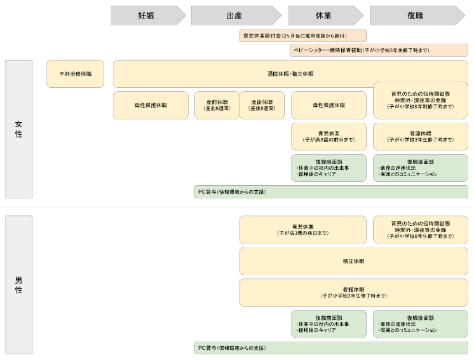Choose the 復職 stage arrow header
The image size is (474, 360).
pyautogui.click(x=419, y=16)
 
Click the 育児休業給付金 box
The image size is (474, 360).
pyautogui.click(x=302, y=36)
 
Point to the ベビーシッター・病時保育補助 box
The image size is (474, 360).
pyautogui.click(x=378, y=50)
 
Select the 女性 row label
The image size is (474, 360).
pyautogui.click(x=18, y=129)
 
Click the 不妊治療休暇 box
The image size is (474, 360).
pyautogui.click(x=76, y=74)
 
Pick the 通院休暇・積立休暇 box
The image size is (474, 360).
pyautogui.click(x=290, y=74)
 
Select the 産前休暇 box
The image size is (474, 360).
pyautogui.click(x=217, y=105)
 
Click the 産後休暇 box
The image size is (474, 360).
pyautogui.click(x=262, y=105)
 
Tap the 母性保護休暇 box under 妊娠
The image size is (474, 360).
pyautogui.click(x=151, y=105)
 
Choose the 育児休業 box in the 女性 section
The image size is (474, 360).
pyautogui.click(x=328, y=136)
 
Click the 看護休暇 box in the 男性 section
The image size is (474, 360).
pyautogui.click(x=353, y=293)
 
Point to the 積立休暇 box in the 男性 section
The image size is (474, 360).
pyautogui.click(x=353, y=261)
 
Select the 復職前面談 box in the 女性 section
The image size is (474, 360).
pyautogui.click(x=328, y=168)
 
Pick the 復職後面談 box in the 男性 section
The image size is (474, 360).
pyautogui.click(x=420, y=324)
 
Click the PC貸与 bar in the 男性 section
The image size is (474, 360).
pyautogui.click(x=331, y=348)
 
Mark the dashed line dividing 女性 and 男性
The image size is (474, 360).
pyautogui.click(x=236, y=207)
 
